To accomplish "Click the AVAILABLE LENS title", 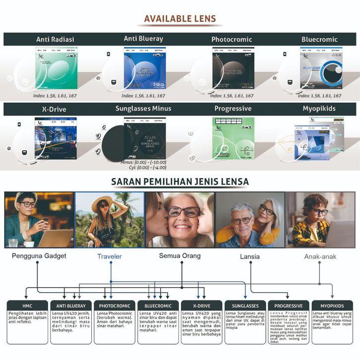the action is pos(180,19).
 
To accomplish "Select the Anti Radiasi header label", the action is pos(56,39).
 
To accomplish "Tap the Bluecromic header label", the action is pos(319,39).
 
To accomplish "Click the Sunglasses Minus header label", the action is pos(143,109).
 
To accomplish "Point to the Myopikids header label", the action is pos(319,109).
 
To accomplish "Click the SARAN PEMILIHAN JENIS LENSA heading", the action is pos(180,182).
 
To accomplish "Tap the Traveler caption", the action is pos(109,256).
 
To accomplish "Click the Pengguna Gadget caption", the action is pos(39,256).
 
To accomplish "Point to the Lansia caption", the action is pos(249,256).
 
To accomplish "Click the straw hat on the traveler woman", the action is pos(105,199).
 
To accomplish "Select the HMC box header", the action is pos(27,305).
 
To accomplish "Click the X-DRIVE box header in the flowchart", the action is pos(201,305).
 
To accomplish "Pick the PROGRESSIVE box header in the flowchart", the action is pos(288,305).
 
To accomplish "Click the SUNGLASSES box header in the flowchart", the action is pos(245,305).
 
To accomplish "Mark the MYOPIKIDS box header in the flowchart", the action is pos(332,305).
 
